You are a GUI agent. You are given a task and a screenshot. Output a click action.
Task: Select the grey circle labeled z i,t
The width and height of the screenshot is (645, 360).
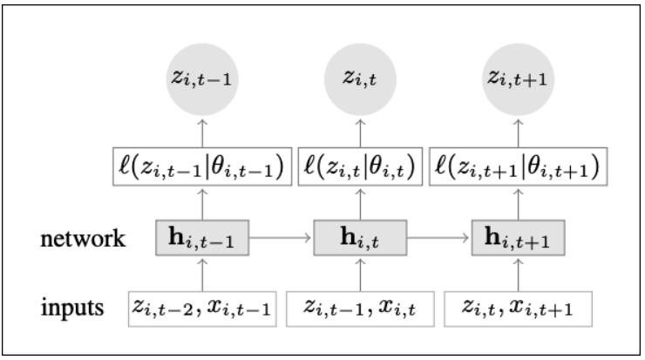360,80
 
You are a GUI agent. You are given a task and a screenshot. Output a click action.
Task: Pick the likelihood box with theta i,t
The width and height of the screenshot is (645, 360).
360,166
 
